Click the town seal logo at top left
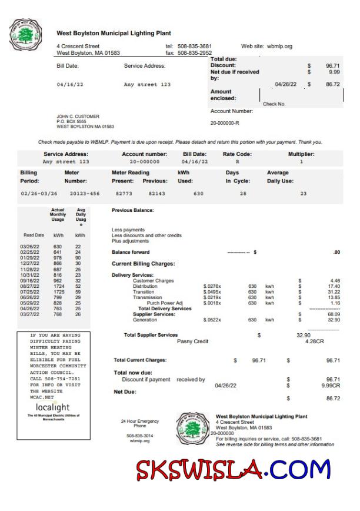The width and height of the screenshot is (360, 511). click(x=27, y=35)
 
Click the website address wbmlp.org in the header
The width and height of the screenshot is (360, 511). click(x=279, y=46)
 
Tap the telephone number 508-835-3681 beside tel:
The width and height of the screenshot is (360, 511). click(x=194, y=46)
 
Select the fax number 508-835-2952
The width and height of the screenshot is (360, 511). click(x=194, y=53)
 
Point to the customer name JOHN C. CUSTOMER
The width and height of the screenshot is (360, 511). click(x=78, y=117)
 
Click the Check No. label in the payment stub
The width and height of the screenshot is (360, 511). click(x=274, y=104)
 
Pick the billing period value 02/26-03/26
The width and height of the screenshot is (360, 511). click(x=39, y=193)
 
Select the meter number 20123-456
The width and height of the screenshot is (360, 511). click(x=85, y=193)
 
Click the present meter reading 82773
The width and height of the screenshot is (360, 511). click(x=124, y=193)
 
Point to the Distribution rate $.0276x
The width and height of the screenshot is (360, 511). click(x=212, y=286)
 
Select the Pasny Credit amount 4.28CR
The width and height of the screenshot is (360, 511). click(x=309, y=341)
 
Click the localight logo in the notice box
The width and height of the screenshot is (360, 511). click(x=53, y=407)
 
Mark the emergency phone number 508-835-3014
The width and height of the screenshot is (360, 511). click(x=140, y=436)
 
